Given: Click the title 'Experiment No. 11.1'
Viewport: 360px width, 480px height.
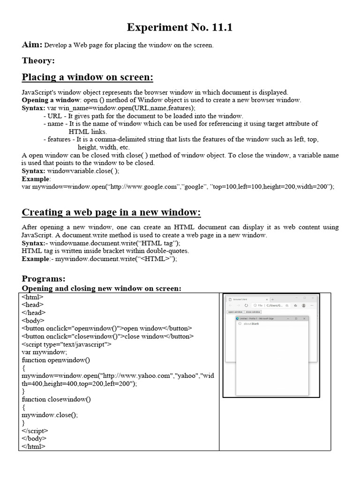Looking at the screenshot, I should coord(180,28).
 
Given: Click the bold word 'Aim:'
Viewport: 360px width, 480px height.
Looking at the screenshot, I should coord(32,45).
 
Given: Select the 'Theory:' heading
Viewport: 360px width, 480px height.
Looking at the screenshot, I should coord(38,60).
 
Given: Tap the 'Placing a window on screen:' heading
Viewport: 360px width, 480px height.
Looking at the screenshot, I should coord(87,77).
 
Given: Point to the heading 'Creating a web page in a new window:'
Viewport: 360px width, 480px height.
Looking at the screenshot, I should coord(111,213).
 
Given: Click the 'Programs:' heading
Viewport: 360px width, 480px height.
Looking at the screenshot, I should coord(44,279).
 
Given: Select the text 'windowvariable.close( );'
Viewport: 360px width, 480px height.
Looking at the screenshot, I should coord(83,171).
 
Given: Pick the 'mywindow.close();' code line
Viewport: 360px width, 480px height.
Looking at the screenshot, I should coord(50,415).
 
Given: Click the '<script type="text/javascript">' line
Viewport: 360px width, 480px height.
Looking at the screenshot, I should coord(67,344).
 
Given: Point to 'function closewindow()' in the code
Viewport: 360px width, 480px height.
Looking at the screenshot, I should coord(56,399).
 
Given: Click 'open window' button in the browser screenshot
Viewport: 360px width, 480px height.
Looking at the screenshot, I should coord(235,312).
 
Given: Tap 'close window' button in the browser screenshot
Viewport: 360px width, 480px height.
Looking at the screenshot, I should coord(253,312).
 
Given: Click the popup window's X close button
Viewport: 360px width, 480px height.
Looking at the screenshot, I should coord(304,318).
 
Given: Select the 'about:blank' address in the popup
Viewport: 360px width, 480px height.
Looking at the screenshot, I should coord(251,324).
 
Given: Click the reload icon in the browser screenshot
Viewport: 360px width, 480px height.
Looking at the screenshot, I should coord(247,305).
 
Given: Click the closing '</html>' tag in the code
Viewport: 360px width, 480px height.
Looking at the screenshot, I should coord(34,446).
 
